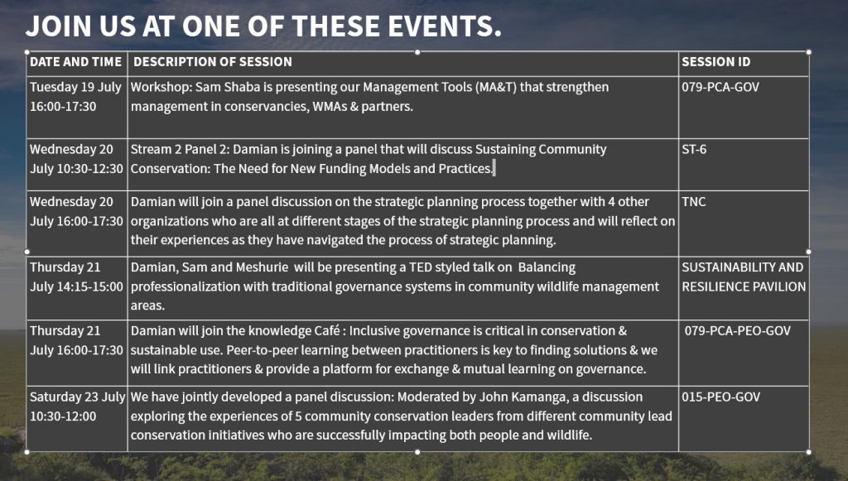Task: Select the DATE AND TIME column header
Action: [x=75, y=61]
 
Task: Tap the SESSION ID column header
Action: [x=716, y=61]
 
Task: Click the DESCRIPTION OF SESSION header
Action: [x=213, y=61]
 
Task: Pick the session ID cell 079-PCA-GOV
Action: [x=720, y=87]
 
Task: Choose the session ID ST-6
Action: [x=694, y=149]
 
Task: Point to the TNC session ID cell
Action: [x=694, y=201]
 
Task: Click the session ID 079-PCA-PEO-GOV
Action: [x=738, y=331]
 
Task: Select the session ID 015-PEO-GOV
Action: [x=721, y=397]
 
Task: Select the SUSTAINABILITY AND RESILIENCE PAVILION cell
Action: [x=744, y=277]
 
